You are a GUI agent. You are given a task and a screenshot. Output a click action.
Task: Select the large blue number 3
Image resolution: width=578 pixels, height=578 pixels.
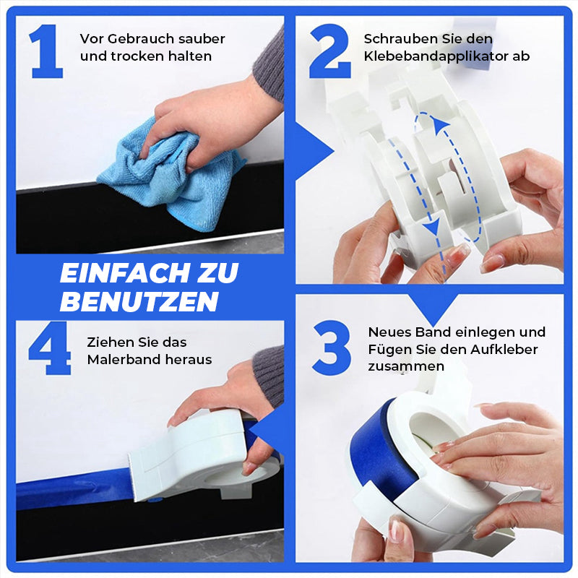coord(332,347)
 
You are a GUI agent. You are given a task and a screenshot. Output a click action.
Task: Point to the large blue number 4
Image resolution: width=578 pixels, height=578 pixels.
coord(50,348)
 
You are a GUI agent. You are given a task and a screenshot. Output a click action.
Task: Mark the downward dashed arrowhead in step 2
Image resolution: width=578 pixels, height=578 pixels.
coord(431,230)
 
